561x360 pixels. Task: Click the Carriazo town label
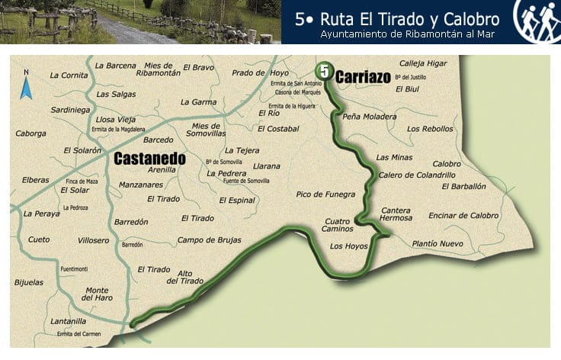coord(363,77)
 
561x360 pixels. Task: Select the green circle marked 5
coord(325,72)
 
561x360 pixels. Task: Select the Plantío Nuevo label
coord(438,243)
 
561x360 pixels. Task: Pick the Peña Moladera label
coord(370,117)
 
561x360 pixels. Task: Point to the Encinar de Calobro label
coord(463,215)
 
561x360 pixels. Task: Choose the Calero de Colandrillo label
coord(411,175)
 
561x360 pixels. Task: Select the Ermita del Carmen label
coord(79,333)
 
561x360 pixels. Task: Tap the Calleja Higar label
coord(423,63)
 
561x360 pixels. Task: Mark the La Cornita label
coord(69,75)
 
